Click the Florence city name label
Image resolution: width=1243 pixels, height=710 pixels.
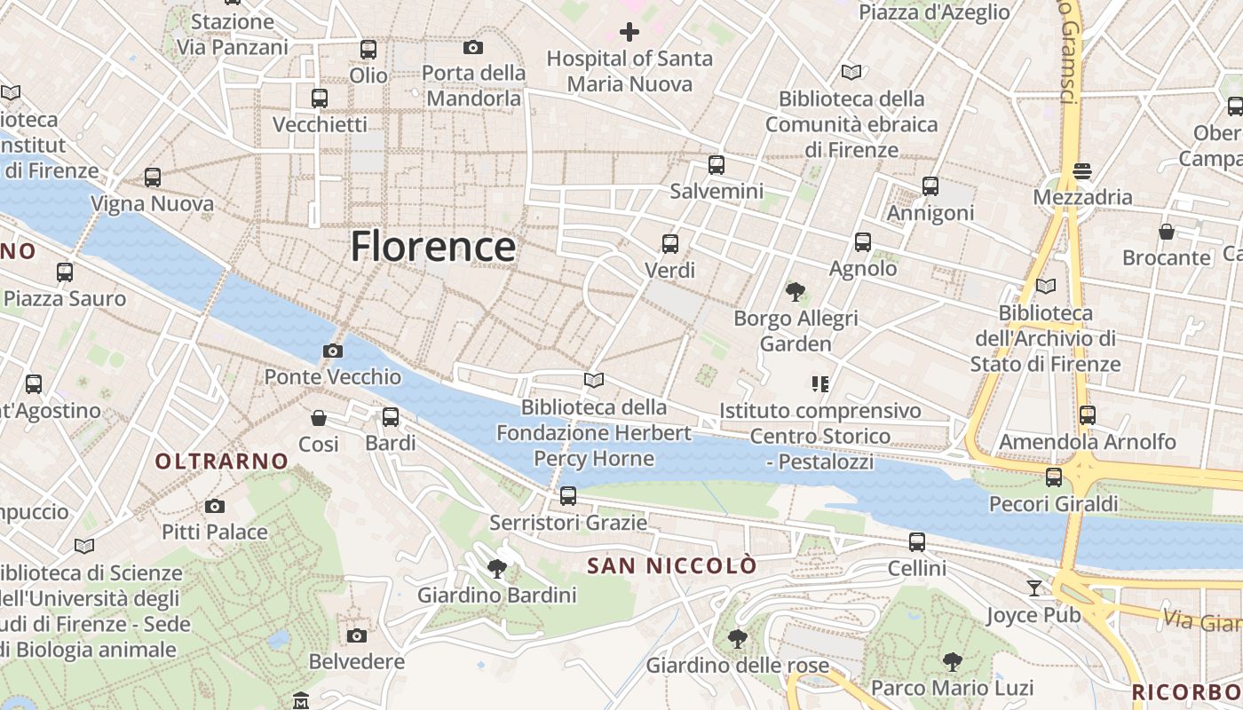pyautogui.click(x=432, y=246)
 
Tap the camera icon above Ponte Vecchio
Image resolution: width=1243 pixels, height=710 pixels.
pyautogui.click(x=333, y=351)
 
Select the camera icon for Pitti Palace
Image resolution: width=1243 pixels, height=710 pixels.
pyautogui.click(x=214, y=507)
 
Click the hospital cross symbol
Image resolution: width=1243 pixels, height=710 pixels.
pyautogui.click(x=629, y=33)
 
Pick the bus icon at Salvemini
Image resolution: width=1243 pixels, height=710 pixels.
pyautogui.click(x=717, y=165)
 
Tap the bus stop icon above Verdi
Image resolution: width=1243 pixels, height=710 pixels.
pyautogui.click(x=670, y=243)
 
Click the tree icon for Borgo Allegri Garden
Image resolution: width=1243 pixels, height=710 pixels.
pyautogui.click(x=796, y=291)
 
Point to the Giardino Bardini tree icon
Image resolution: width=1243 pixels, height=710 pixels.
pyautogui.click(x=497, y=568)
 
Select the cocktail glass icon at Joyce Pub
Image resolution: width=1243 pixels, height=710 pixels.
pyautogui.click(x=1034, y=588)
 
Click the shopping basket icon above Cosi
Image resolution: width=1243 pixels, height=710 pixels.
pyautogui.click(x=319, y=417)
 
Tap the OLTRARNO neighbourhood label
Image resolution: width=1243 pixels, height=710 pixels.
pyautogui.click(x=222, y=461)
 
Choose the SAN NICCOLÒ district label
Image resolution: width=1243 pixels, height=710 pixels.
pyautogui.click(x=672, y=565)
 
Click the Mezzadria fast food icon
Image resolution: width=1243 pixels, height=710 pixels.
pyautogui.click(x=1081, y=170)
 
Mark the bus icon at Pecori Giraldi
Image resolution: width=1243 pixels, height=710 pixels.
pyautogui.click(x=1054, y=477)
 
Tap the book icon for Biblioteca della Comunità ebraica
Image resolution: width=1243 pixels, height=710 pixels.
pyautogui.click(x=851, y=72)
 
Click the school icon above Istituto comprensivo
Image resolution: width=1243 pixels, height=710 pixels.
pyautogui.click(x=819, y=384)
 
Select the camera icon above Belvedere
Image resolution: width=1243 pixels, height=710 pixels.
pyautogui.click(x=357, y=635)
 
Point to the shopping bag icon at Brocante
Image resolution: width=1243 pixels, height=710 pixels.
pyautogui.click(x=1167, y=232)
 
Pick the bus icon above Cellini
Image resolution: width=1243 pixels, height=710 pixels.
pyautogui.click(x=917, y=541)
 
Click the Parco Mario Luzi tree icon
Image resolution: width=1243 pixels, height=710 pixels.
pyautogui.click(x=953, y=661)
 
